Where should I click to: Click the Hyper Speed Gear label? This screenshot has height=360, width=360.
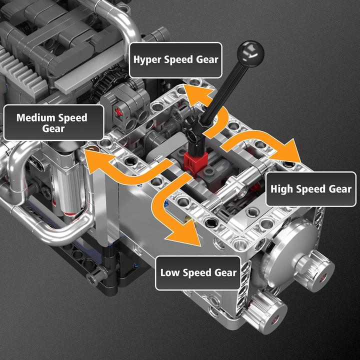click(175, 59)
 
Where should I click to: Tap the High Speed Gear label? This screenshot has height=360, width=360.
click(310, 189)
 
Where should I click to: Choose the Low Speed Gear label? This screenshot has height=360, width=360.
click(198, 272)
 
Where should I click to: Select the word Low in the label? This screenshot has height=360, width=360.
click(170, 272)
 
